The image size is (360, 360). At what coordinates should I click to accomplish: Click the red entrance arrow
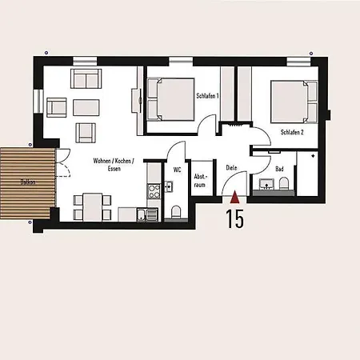pos(235,198)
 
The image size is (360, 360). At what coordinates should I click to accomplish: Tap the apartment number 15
pos(235,218)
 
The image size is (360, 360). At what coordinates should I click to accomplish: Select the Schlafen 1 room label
pos(207,95)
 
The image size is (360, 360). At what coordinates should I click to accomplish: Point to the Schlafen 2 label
pos(292,132)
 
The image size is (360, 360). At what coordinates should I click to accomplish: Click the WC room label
pos(177,170)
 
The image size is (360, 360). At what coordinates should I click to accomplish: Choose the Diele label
pos(231,168)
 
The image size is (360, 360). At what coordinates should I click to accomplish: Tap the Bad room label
pos(279,169)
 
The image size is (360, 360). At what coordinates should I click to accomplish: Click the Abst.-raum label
pos(200,181)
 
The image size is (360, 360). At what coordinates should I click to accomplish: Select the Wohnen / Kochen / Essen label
pos(114,165)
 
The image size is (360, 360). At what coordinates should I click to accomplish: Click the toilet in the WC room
pos(176,212)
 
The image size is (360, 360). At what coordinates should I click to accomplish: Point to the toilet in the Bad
pos(284,183)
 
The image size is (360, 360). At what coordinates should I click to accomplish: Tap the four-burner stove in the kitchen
pos(154,191)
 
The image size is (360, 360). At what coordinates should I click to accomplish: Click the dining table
pos(93,207)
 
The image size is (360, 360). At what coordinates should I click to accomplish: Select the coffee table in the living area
pos(86,107)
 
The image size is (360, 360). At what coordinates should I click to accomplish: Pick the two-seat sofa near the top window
pos(86,78)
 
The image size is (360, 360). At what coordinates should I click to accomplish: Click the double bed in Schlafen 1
pos(170,99)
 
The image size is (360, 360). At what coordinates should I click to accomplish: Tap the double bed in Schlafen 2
pos(294,102)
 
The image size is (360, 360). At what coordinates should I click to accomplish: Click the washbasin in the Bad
pos(266,184)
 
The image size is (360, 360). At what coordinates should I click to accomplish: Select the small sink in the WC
pos(169,186)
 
